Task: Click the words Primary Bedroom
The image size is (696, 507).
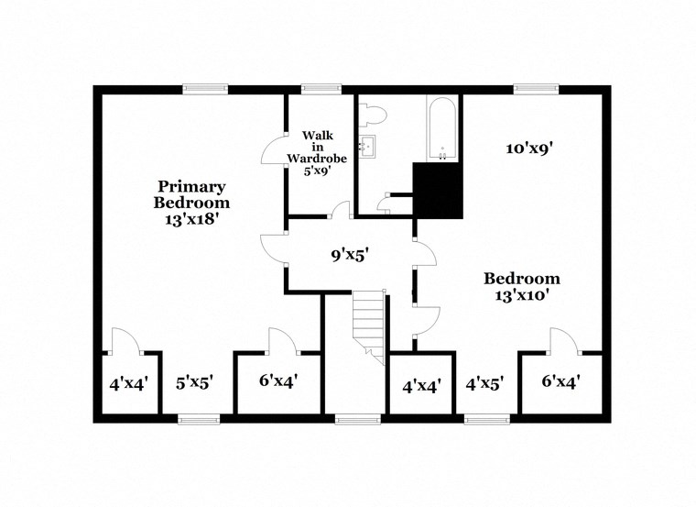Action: coord(191,193)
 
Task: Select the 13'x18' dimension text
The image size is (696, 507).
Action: coord(191,220)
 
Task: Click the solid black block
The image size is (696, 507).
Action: coord(439,190)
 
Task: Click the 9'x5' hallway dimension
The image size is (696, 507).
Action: coord(349,255)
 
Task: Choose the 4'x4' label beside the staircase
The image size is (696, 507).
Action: coord(421,385)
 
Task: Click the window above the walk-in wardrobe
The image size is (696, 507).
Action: coord(317,89)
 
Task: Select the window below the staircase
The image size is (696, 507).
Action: coord(351,419)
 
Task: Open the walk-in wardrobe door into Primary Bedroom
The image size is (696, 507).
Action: coord(275,151)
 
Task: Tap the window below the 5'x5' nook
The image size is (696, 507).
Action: coord(199,419)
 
